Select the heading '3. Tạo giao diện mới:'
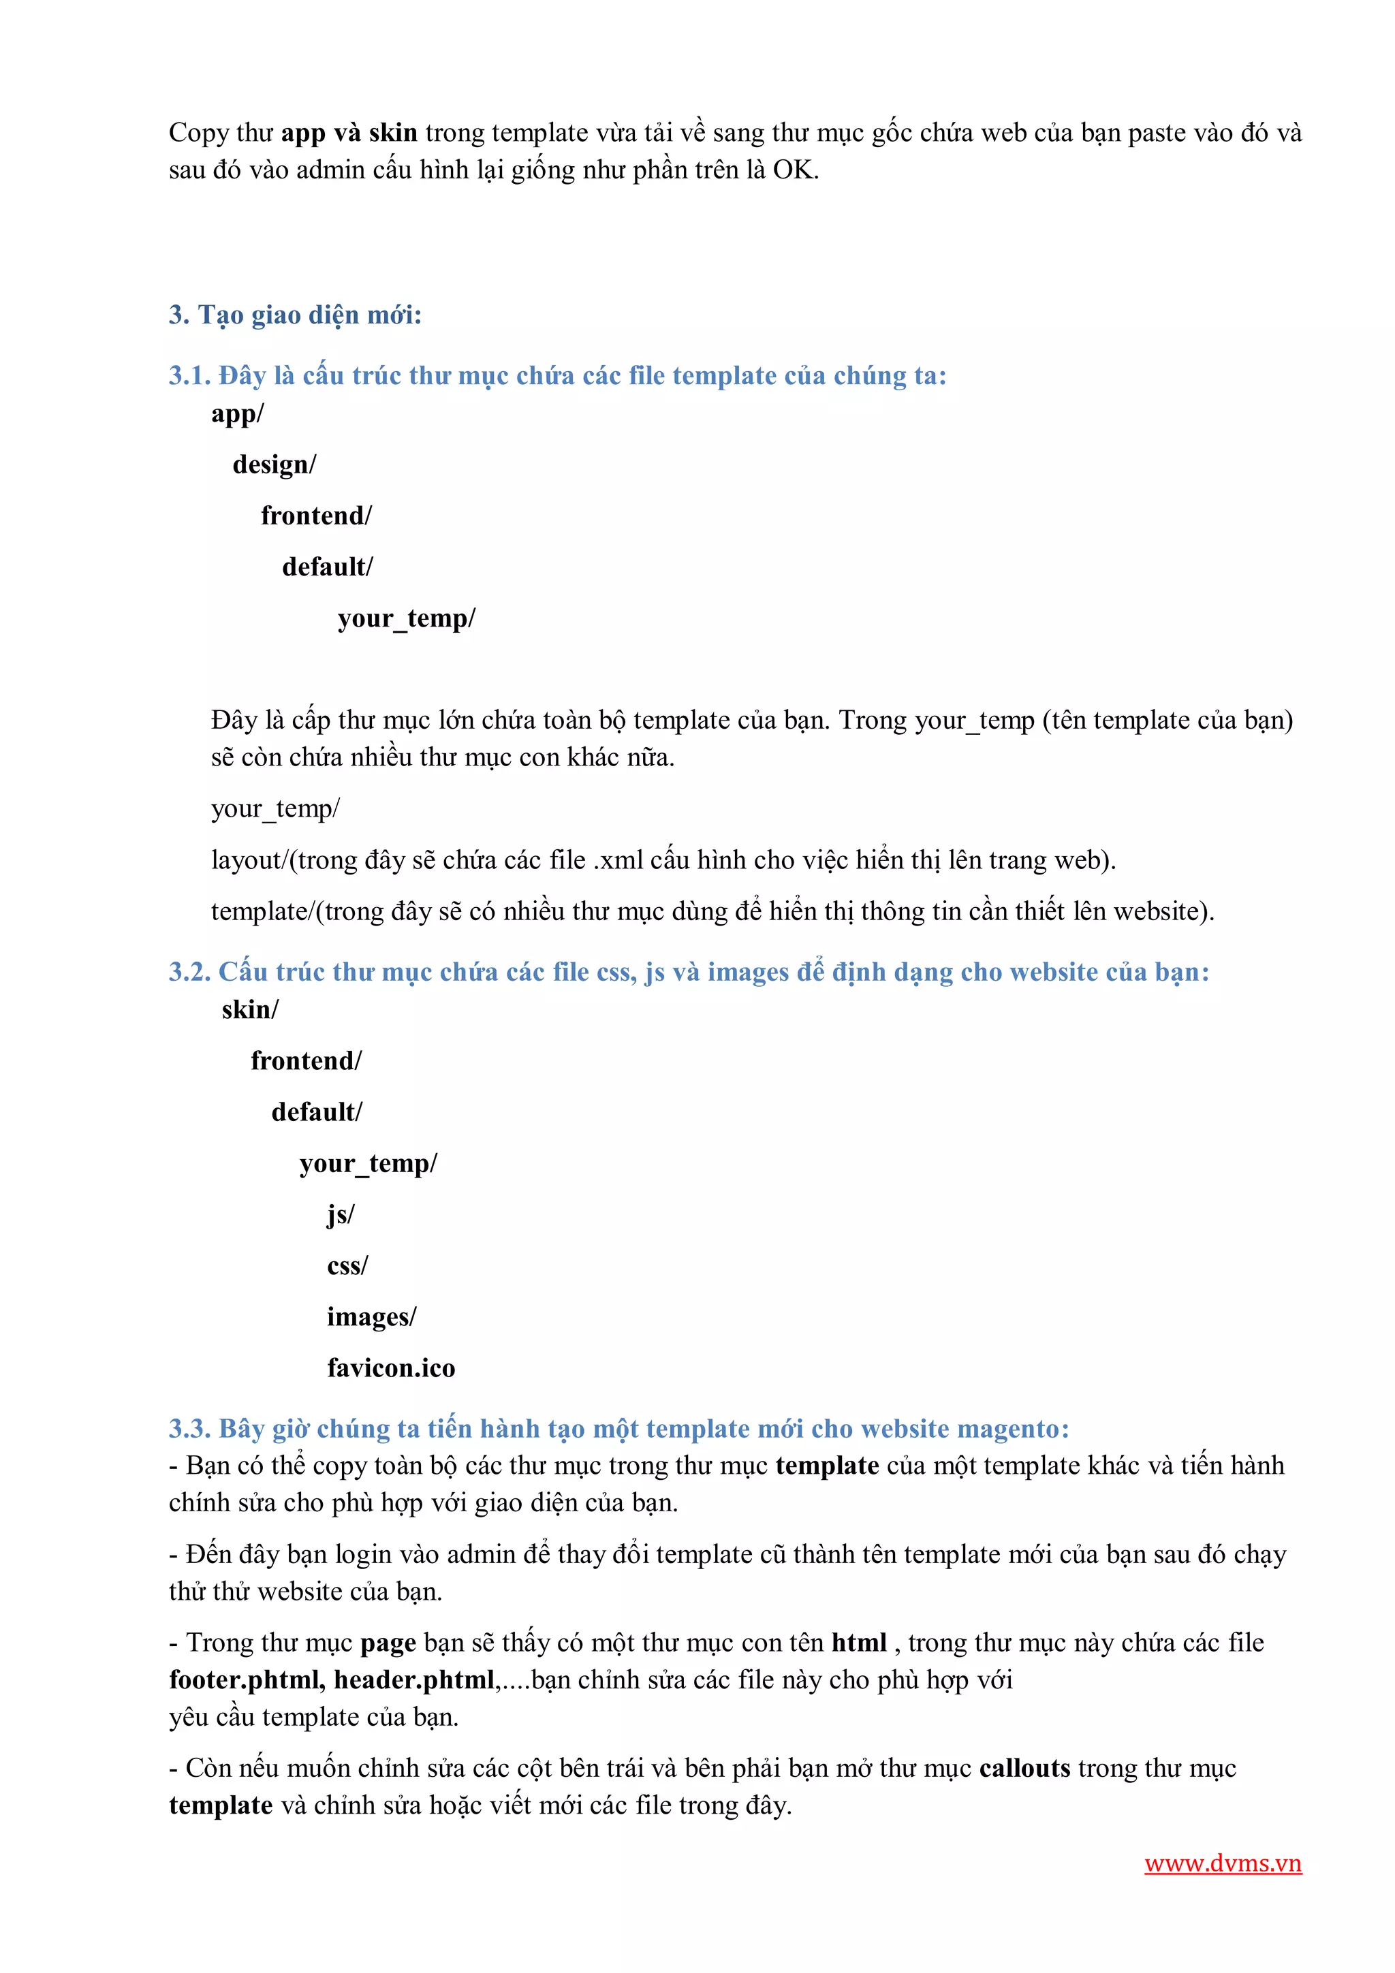click(295, 315)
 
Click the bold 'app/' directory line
click(237, 414)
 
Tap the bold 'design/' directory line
click(275, 465)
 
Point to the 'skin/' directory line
click(249, 1010)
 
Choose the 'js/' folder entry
click(341, 1214)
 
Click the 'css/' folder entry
click(347, 1266)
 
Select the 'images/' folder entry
click(371, 1316)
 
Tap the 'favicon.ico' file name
click(391, 1368)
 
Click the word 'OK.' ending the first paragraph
click(796, 170)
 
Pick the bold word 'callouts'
click(1024, 1769)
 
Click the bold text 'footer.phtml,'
click(247, 1680)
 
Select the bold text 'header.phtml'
click(414, 1680)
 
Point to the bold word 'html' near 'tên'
click(859, 1643)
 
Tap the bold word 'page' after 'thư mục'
click(388, 1643)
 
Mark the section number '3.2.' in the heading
click(189, 972)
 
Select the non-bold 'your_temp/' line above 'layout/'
click(275, 808)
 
